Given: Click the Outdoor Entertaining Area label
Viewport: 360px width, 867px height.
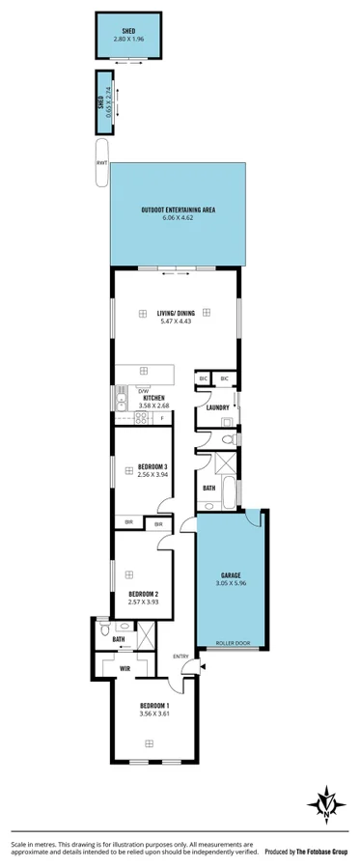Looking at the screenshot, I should pyautogui.click(x=178, y=210).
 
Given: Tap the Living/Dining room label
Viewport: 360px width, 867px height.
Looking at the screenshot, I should pyautogui.click(x=176, y=312).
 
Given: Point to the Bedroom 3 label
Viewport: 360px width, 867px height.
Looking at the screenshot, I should pyautogui.click(x=152, y=466).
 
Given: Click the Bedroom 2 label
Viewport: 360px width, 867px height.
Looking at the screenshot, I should pyautogui.click(x=143, y=594).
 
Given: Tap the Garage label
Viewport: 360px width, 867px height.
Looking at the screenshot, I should pyautogui.click(x=232, y=573).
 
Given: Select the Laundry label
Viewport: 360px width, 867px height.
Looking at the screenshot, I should pyautogui.click(x=218, y=407).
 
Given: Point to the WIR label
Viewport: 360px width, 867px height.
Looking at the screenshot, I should pyautogui.click(x=125, y=667).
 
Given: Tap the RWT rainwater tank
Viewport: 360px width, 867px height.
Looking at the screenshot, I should pyautogui.click(x=101, y=162).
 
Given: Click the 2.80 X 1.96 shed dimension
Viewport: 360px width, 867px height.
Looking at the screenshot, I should pyautogui.click(x=128, y=39).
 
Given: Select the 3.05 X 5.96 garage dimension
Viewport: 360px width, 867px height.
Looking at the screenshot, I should pyautogui.click(x=232, y=582).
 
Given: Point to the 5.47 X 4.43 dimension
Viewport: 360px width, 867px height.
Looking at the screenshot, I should pyautogui.click(x=176, y=321).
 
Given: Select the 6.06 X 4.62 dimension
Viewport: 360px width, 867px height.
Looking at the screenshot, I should pyautogui.click(x=178, y=218).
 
